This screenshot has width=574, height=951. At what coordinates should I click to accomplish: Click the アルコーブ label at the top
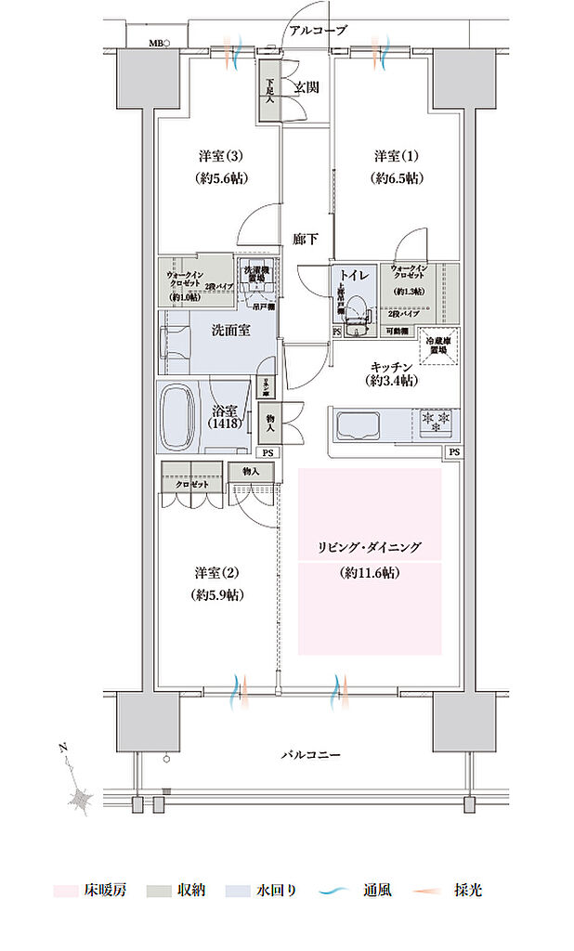[318, 31]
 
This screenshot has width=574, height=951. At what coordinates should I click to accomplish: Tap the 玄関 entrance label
[307, 87]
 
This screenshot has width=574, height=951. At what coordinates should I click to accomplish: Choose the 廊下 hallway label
[306, 239]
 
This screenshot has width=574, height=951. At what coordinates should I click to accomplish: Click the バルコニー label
[310, 755]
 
